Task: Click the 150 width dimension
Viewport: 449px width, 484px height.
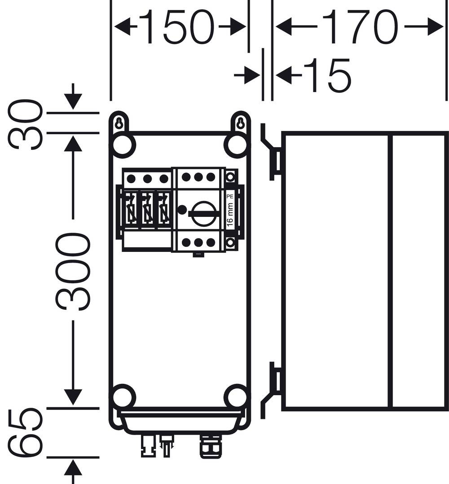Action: click(180, 27)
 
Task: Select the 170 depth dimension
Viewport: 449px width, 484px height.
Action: click(359, 27)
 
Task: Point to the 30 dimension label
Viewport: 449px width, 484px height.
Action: click(26, 124)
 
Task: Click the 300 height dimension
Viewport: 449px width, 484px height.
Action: click(73, 272)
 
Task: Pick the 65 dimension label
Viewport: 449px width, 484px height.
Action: click(26, 432)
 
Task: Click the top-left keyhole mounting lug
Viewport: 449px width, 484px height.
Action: click(119, 123)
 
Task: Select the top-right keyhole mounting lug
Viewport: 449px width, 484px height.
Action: click(240, 123)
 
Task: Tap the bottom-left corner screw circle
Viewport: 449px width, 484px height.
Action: click(123, 397)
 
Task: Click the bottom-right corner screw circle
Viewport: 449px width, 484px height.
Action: click(236, 397)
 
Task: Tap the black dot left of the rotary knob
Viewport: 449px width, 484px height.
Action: click(182, 209)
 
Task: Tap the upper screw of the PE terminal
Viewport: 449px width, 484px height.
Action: click(230, 176)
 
